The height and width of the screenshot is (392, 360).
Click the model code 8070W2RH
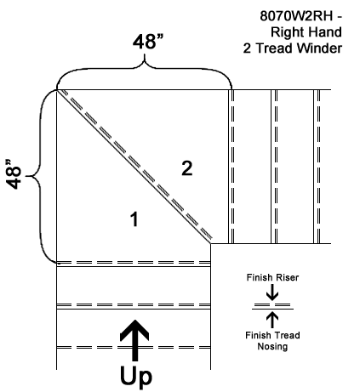[x=296, y=16]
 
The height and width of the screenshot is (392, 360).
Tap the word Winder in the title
[x=320, y=48]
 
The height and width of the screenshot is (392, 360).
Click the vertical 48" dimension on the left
[x=14, y=173]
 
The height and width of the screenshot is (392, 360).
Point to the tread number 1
[x=134, y=219]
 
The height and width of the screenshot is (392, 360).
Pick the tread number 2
[x=187, y=168]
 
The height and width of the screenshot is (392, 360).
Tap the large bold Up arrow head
[x=134, y=330]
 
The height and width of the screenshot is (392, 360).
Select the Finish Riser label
[x=272, y=277]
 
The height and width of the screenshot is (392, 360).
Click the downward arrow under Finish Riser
[x=272, y=293]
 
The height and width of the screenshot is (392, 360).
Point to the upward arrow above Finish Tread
[x=272, y=320]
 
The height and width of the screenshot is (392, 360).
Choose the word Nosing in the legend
[x=272, y=346]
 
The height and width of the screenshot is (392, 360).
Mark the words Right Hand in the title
[x=306, y=32]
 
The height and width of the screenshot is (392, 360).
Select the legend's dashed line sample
[x=272, y=305]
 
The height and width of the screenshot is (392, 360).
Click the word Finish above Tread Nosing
[x=258, y=335]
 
